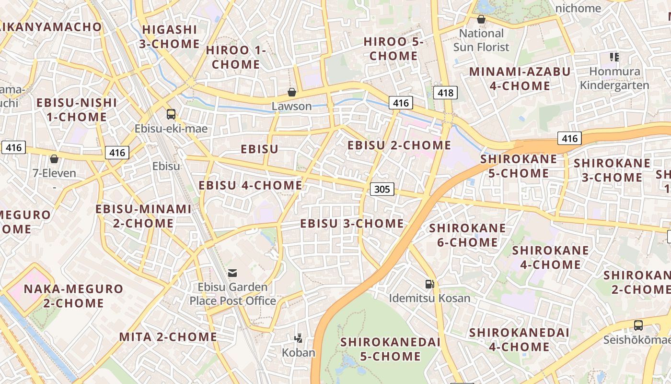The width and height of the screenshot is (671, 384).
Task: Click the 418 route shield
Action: (x=445, y=93)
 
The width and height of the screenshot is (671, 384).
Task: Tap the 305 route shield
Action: (x=382, y=189)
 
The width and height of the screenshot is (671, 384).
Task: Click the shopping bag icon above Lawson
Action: (x=291, y=92)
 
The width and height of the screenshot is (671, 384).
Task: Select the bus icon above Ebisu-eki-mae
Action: (x=171, y=114)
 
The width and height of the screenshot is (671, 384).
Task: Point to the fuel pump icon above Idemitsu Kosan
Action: (x=429, y=284)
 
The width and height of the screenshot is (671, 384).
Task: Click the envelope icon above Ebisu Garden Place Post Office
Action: (x=232, y=273)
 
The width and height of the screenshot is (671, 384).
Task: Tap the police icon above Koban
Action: (x=299, y=338)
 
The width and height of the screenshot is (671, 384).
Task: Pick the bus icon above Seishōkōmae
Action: (x=638, y=325)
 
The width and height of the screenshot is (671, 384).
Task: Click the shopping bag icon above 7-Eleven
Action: (x=54, y=159)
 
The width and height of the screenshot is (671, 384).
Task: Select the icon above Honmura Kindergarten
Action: (x=614, y=58)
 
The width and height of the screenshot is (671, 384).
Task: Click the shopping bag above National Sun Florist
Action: (x=481, y=19)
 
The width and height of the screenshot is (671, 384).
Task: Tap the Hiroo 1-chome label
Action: (x=236, y=57)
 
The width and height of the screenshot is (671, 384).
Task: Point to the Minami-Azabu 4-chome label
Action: (x=520, y=79)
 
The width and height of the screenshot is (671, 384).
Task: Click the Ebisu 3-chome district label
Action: (x=352, y=224)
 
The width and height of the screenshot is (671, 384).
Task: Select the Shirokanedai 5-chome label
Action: (x=390, y=349)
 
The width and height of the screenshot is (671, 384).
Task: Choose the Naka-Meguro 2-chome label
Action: (x=73, y=296)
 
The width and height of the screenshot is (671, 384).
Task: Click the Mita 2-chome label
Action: (x=168, y=337)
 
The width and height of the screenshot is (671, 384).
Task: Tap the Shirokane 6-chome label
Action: (x=467, y=235)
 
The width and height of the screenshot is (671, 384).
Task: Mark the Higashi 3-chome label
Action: (x=170, y=36)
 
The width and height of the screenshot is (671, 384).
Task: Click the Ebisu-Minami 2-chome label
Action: (x=143, y=216)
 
